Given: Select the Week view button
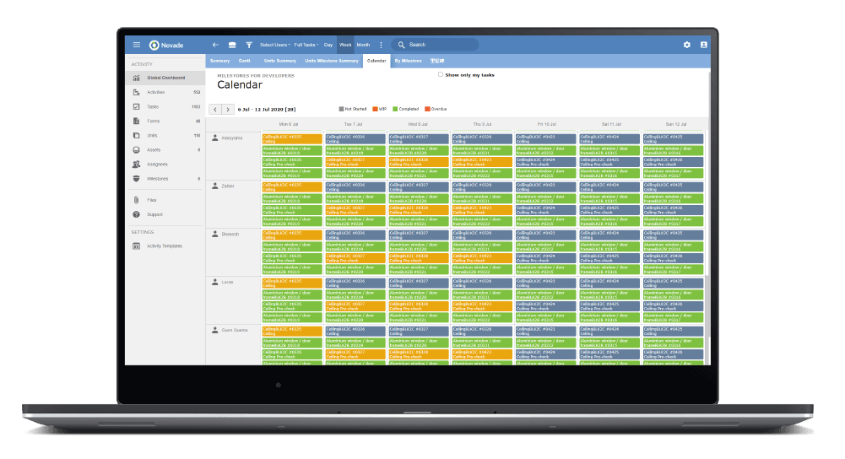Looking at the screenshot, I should (x=345, y=45).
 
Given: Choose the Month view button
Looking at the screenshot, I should (x=363, y=45).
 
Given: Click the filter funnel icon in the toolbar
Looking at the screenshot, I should (x=249, y=45).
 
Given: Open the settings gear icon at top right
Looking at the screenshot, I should (x=686, y=45).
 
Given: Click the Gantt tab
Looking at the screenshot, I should (x=244, y=61).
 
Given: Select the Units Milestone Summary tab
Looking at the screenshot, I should (x=333, y=61).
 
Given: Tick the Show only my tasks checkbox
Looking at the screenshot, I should (x=441, y=75).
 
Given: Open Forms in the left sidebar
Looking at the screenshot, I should (x=154, y=121).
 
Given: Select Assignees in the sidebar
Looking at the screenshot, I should (x=157, y=164).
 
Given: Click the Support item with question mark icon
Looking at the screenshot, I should (x=154, y=214).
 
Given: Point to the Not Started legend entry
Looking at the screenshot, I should (x=355, y=109).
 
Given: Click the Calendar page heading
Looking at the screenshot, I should (x=240, y=85).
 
